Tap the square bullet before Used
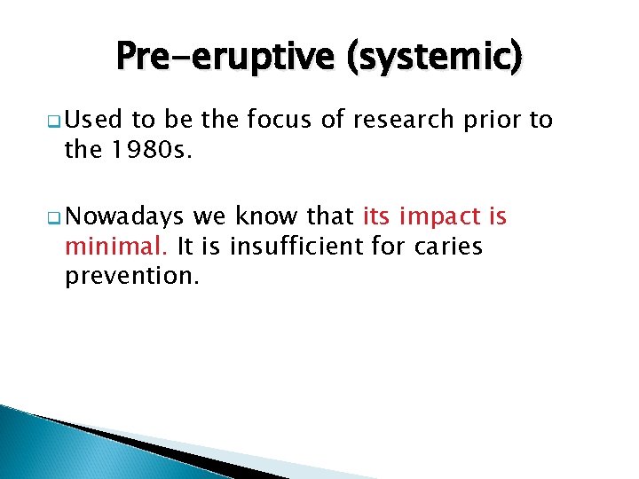[x=55, y=122]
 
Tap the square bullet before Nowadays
[x=55, y=216]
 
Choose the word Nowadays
[x=124, y=216]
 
